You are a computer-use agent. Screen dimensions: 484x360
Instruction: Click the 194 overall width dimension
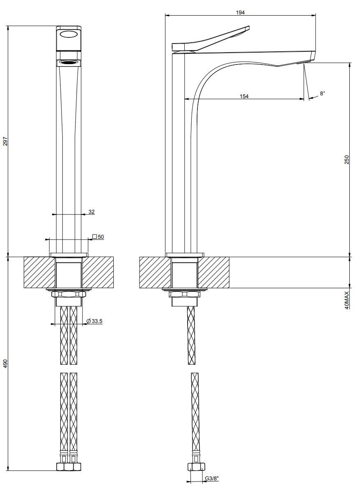[x=241, y=13]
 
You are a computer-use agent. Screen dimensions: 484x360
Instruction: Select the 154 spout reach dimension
[x=244, y=96]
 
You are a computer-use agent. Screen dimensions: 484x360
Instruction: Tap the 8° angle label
[x=323, y=94]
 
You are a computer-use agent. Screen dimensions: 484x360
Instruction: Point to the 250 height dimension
[x=346, y=159]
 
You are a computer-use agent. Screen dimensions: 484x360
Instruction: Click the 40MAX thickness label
[x=346, y=300]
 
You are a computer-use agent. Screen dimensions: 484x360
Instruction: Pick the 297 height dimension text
[x=5, y=141]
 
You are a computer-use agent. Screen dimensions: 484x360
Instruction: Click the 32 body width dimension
[x=91, y=212]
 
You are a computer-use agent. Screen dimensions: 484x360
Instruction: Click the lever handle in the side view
[x=213, y=39]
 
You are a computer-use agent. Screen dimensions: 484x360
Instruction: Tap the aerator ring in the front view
[x=69, y=62]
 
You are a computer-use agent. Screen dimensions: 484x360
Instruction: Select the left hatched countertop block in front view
[x=39, y=272]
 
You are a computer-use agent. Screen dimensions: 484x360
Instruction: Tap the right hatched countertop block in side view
[x=213, y=272]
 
